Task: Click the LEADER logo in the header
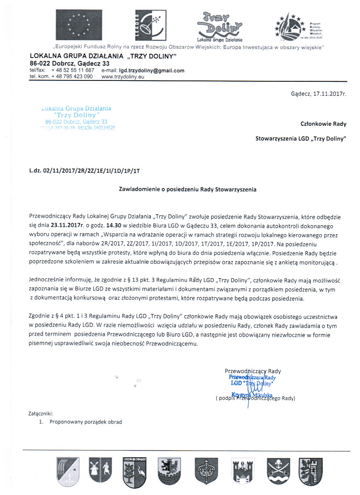click(x=148, y=25)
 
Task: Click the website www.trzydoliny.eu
click(x=123, y=77)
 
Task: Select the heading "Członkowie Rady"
click(x=323, y=124)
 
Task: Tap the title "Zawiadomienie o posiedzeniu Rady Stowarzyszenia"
click(x=187, y=190)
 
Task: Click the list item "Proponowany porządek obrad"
click(x=86, y=422)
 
